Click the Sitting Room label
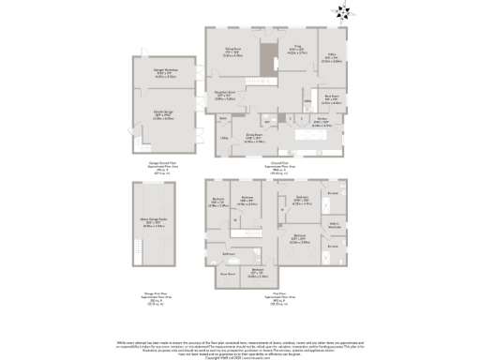point(232,53)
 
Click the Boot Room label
point(331,97)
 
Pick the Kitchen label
point(322,120)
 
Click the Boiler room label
point(224,118)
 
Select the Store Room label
point(226,274)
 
